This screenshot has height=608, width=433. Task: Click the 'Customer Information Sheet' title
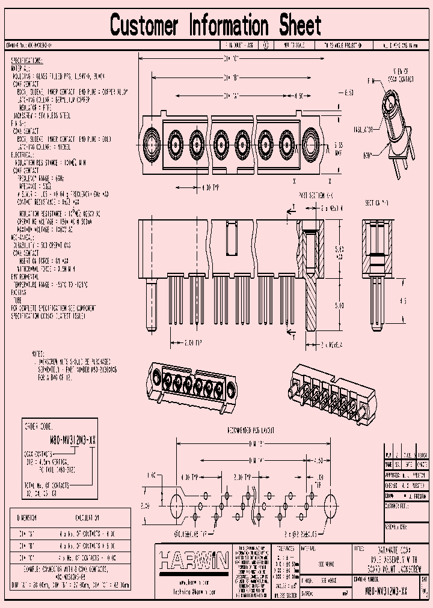click(x=216, y=26)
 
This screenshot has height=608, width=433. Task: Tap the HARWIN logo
click(x=192, y=561)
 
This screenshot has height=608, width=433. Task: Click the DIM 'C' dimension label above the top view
click(x=232, y=59)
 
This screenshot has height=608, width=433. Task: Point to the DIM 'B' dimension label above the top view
click(x=232, y=78)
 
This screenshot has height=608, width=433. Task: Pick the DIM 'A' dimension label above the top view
click(x=232, y=96)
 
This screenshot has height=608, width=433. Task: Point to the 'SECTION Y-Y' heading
click(x=377, y=204)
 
